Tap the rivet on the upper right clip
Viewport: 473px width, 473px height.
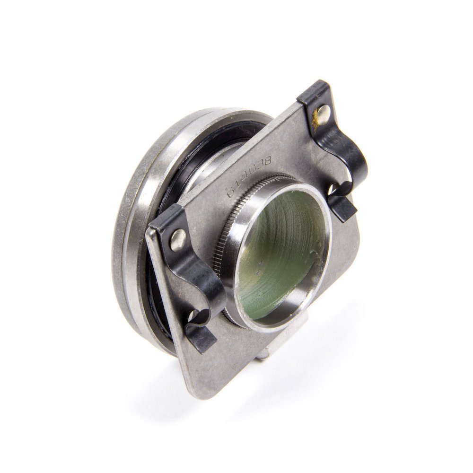(323, 112)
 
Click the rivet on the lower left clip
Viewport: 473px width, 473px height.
(178, 239)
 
